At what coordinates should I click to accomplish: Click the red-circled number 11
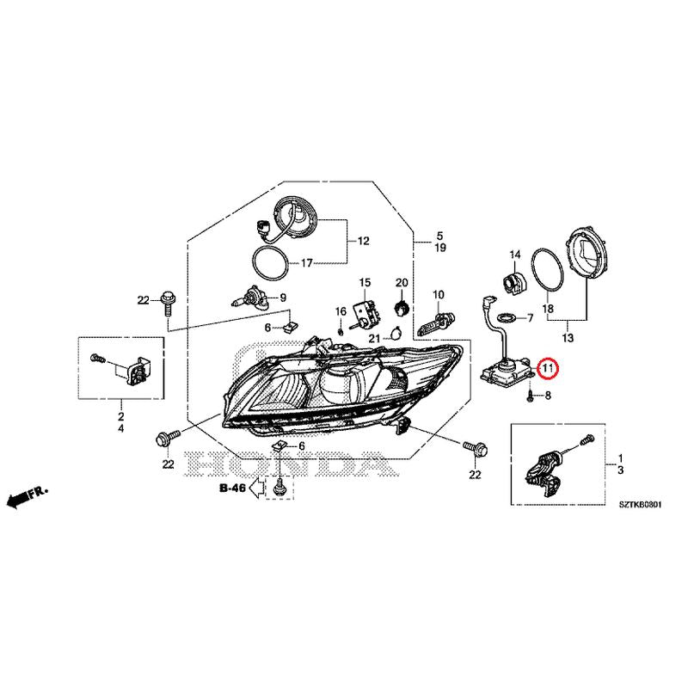[x=547, y=367]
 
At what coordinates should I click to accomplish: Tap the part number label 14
[x=515, y=255]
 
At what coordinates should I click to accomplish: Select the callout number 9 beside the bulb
[x=283, y=298]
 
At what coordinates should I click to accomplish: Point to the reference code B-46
[x=232, y=488]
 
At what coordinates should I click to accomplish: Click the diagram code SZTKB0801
[x=640, y=505]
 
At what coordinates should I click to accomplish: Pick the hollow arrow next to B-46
[x=256, y=488]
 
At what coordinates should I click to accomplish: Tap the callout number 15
[x=365, y=283]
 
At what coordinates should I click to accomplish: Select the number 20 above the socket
[x=402, y=283]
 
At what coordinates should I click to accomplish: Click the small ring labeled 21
[x=396, y=335]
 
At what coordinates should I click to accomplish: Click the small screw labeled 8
[x=531, y=396]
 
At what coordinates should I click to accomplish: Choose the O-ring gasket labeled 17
[x=271, y=262]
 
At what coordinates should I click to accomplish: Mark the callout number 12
[x=364, y=241]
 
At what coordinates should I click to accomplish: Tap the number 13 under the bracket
[x=568, y=338]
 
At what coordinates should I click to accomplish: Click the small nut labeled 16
[x=340, y=330]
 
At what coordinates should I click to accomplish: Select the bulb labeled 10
[x=438, y=323]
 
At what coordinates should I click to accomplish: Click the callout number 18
[x=548, y=309]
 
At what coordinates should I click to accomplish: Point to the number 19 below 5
[x=440, y=248]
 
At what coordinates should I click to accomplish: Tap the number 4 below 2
[x=120, y=427]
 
